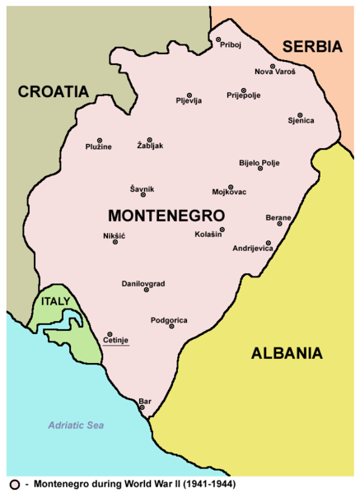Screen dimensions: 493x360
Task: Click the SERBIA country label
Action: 311,47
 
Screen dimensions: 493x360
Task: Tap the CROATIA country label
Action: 54,91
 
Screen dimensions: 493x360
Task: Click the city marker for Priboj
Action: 218,40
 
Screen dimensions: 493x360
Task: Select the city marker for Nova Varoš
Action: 273,66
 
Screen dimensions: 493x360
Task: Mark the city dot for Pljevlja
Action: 189,95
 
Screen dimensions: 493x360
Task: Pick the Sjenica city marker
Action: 300,115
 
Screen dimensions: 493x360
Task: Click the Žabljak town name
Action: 151,147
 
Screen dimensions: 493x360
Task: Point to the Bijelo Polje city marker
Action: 260,169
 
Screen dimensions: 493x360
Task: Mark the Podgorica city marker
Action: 171,326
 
